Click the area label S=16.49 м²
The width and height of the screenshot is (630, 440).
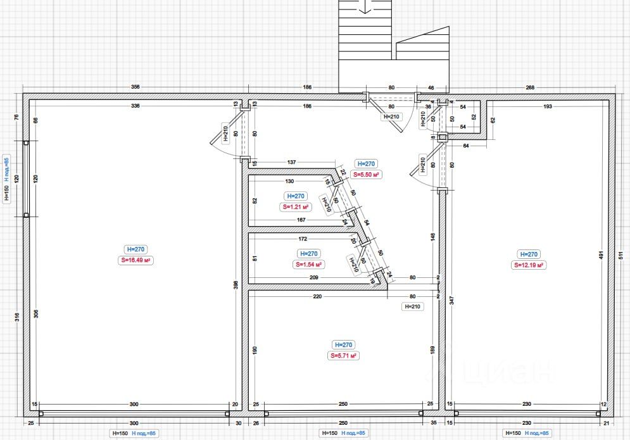[137, 260]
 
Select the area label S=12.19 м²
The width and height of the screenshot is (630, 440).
[528, 265]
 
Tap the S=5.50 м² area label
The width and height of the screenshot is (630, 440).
[366, 174]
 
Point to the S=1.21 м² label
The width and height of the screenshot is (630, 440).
[296, 207]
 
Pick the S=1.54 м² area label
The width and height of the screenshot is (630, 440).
[308, 265]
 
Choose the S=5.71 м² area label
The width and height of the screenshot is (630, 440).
[343, 356]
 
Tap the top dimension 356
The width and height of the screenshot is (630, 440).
[135, 87]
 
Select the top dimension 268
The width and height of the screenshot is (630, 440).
[529, 87]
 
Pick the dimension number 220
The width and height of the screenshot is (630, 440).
[317, 296]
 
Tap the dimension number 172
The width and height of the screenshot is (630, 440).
[303, 239]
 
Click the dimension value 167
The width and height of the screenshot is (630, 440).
[301, 220]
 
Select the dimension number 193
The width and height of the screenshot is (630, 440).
[548, 106]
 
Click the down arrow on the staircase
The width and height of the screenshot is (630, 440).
[365, 8]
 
